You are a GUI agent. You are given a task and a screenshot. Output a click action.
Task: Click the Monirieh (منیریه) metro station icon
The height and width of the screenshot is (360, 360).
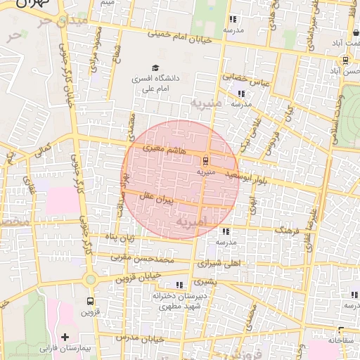pyautogui.click(x=206, y=160)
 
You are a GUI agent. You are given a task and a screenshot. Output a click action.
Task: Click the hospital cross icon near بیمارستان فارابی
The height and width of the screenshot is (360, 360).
pyautogui.click(x=65, y=337)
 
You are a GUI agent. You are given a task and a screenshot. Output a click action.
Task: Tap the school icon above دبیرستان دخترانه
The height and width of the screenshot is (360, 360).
pyautogui.click(x=179, y=285)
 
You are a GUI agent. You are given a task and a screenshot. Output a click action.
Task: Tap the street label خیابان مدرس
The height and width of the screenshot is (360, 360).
pyautogui.click(x=141, y=337)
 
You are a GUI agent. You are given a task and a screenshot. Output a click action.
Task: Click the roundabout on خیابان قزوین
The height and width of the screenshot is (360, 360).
pyautogui.click(x=90, y=279)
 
